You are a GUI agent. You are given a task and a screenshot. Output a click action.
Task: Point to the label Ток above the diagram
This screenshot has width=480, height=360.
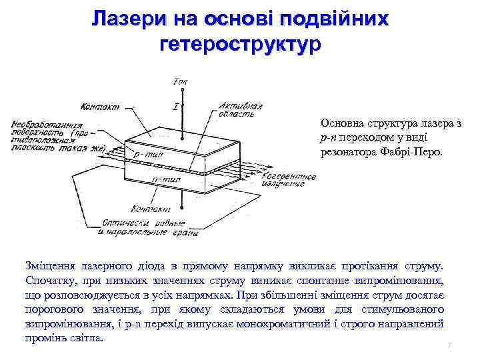(x=179, y=81)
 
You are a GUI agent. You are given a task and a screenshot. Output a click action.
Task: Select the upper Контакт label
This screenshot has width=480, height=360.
(x=99, y=106)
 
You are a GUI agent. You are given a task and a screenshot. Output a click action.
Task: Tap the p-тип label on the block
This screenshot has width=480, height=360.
(x=147, y=153)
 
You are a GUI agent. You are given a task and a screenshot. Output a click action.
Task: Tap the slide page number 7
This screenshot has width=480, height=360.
(x=449, y=345)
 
